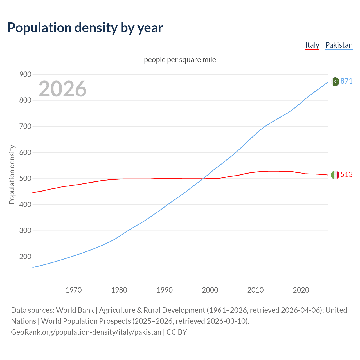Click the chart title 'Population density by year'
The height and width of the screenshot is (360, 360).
(85, 28)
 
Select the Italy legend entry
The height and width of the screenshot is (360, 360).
(312, 45)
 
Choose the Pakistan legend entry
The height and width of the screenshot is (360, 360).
(339, 45)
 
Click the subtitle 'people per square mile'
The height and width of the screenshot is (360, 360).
(180, 60)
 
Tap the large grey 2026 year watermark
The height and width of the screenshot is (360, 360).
(62, 89)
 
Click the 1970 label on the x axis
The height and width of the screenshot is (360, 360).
(74, 290)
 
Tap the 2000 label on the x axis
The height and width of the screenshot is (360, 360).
(210, 290)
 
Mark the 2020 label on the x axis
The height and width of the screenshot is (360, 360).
(301, 290)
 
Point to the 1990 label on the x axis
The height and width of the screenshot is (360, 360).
(165, 290)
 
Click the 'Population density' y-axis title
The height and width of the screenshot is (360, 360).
(12, 174)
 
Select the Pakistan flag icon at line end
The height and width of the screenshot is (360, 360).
(335, 82)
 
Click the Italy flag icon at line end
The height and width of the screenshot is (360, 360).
(335, 175)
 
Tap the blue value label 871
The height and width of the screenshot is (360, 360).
(346, 81)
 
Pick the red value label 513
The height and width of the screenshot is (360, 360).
(346, 174)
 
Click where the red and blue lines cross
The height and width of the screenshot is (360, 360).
(203, 178)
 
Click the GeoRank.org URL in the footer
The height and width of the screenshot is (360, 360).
(86, 332)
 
